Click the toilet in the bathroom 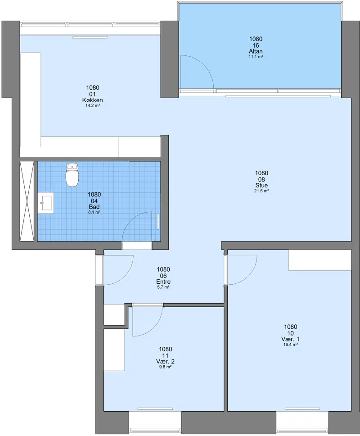click(72, 175)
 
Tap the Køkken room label click(93, 100)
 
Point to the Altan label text click(256, 51)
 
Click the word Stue click(261, 186)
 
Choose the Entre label click(163, 282)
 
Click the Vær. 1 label click(290, 339)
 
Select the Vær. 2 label click(165, 362)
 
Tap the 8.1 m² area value click(94, 212)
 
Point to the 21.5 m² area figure click(261, 191)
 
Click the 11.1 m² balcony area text click(256, 57)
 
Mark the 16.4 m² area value click(290, 345)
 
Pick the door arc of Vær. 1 click(248, 275)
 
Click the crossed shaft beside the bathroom click(27, 201)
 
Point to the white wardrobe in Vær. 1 click(319, 260)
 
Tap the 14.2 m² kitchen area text click(93, 106)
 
